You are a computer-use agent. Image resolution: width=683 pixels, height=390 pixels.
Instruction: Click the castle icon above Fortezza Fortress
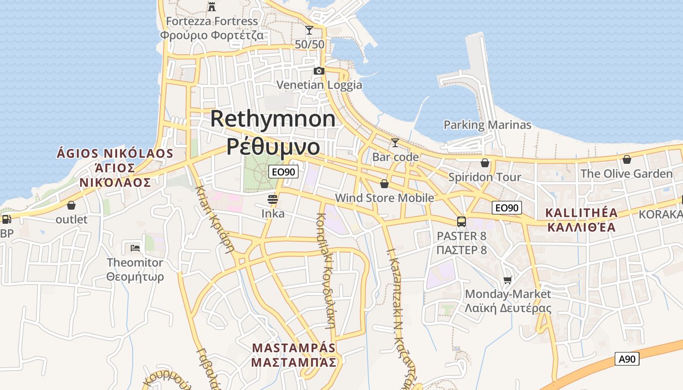[212, 7]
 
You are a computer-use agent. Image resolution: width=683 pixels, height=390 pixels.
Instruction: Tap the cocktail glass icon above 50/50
[309, 30]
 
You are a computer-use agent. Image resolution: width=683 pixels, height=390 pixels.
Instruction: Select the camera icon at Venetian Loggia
[319, 71]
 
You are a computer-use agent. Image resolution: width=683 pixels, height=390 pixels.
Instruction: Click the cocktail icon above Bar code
[395, 143]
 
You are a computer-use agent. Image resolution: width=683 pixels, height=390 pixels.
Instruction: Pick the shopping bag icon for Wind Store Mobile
[384, 184]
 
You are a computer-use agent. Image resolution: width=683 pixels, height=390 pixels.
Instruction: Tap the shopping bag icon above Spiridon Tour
[485, 163]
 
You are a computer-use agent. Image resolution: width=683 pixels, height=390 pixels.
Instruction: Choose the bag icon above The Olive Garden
[626, 159]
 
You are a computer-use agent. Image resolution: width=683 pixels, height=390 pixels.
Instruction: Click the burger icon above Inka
[273, 199]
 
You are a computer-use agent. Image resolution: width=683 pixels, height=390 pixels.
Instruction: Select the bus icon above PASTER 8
[462, 222]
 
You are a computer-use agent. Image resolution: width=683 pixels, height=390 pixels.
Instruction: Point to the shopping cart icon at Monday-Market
[508, 280]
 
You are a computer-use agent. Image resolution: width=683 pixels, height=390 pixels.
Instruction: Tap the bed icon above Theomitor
[135, 248]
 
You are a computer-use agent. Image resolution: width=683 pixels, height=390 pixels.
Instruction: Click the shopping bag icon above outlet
[71, 205]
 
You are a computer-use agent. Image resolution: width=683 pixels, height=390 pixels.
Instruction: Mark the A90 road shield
[627, 359]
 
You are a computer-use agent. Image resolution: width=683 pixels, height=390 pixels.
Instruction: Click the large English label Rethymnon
[273, 119]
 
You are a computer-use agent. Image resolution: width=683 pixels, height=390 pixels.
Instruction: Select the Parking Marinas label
[487, 125]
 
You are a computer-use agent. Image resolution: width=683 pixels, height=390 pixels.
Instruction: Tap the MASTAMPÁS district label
[294, 348]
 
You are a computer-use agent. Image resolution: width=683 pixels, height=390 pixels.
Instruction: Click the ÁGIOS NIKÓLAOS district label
[115, 154]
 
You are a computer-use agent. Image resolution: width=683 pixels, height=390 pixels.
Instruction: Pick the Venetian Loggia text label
[320, 85]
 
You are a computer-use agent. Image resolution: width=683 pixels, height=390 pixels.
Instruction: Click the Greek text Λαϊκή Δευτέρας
[508, 308]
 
